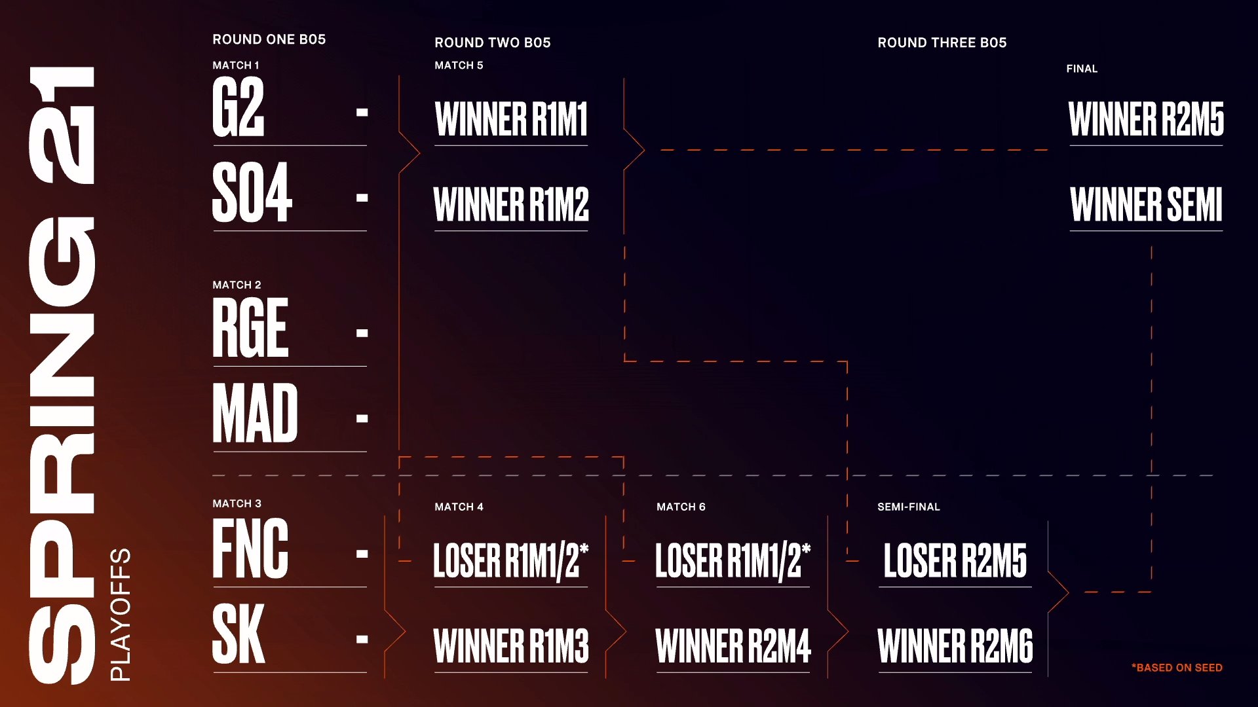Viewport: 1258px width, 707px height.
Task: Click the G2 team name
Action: (x=238, y=107)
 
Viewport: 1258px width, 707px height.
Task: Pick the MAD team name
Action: (x=256, y=413)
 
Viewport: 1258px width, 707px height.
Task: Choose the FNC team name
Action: (x=250, y=549)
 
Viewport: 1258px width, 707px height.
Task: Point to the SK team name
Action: (x=238, y=634)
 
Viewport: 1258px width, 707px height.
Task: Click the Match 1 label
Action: (x=236, y=65)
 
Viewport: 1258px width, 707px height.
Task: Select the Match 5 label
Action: (x=459, y=65)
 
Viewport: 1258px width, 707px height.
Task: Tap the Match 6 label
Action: (x=681, y=507)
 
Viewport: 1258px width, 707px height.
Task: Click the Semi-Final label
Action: (x=908, y=507)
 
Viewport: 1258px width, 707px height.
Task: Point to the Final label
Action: (x=1082, y=69)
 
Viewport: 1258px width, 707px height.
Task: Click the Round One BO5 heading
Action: (x=269, y=39)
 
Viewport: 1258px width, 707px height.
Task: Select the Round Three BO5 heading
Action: (x=942, y=43)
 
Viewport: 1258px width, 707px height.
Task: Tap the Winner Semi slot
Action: (x=1146, y=205)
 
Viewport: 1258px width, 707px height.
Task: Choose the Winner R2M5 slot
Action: (x=1146, y=119)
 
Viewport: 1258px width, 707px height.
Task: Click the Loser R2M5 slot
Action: (x=955, y=561)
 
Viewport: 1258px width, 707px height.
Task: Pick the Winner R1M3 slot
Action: (x=511, y=646)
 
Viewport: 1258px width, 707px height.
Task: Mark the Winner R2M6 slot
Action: (x=955, y=646)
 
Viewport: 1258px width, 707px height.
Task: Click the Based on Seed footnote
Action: (x=1177, y=668)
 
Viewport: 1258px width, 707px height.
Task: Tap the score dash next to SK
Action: (x=362, y=639)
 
